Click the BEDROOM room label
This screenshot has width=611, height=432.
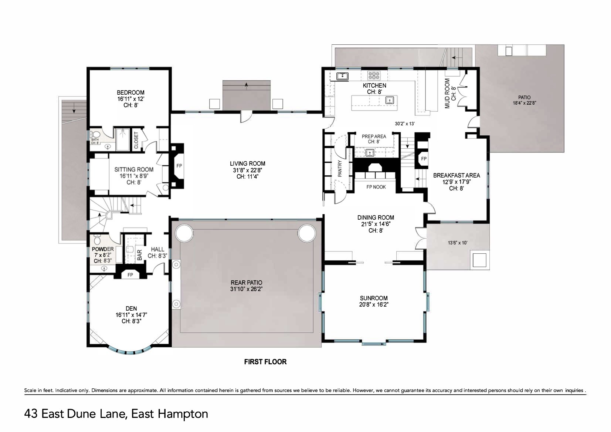pos(130,92)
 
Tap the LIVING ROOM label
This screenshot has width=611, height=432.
pos(247,163)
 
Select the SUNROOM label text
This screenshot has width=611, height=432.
pos(373,298)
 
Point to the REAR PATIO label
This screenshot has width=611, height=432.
pos(246,283)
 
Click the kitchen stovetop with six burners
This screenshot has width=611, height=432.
pos(374,75)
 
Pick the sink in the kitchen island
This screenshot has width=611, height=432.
pos(390,101)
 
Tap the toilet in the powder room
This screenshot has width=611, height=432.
pos(97,239)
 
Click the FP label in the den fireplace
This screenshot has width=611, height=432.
pos(130,275)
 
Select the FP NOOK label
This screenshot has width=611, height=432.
pos(376,187)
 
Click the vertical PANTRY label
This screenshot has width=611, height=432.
pos(340,169)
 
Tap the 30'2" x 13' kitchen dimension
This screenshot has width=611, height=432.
pos(405,124)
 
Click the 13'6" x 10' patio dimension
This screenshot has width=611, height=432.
pos(458,243)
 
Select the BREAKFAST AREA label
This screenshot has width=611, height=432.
pos(456,175)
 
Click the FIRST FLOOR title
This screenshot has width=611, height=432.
pos(265,362)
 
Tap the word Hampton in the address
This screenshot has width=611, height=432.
pos(183,414)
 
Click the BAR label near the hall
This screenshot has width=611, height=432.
pos(139,255)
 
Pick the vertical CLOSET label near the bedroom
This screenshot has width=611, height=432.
pos(136,140)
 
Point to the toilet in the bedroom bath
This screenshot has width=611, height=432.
pos(95,134)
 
